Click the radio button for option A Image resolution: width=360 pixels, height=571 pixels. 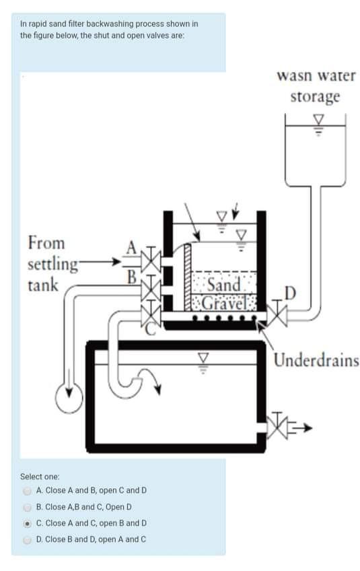pos(28,490)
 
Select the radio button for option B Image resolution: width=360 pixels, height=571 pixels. pos(28,506)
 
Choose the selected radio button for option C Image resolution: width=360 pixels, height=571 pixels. pos(28,523)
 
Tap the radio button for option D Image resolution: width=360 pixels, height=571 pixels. pos(28,539)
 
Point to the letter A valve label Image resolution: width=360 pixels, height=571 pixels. pos(132,248)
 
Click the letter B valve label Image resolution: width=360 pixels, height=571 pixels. pos(132,275)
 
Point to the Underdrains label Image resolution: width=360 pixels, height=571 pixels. pos(316,360)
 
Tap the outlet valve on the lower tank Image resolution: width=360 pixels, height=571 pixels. pos(277,426)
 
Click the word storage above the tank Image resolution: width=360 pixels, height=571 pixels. pos(315,96)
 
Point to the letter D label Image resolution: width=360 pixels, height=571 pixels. pos(290,293)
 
